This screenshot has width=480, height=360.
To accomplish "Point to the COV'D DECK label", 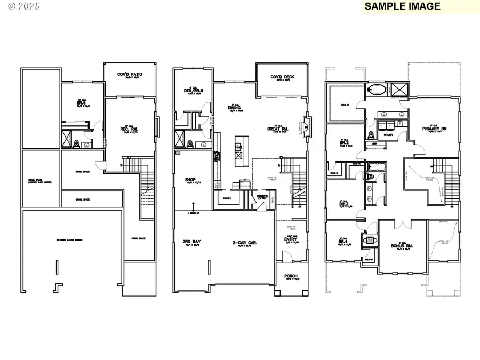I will [282, 77].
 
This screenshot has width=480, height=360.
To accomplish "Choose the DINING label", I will [235, 108].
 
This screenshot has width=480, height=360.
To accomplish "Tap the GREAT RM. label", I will [278, 128].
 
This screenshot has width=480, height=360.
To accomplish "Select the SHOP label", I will [191, 180].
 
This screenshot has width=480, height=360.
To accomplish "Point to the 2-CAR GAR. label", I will [245, 242].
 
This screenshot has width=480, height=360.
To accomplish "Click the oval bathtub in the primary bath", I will [373, 89].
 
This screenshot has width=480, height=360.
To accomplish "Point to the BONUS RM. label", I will [402, 245].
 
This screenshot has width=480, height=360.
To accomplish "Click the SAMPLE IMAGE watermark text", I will [403, 6].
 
